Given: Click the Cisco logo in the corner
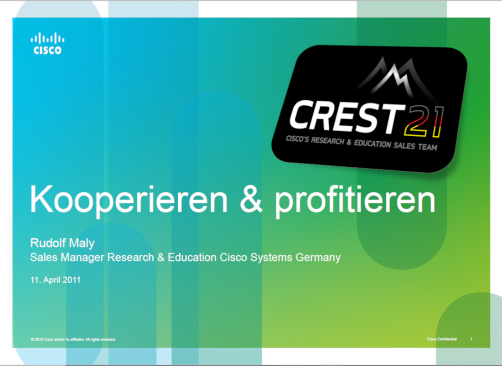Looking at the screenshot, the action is coord(47,43).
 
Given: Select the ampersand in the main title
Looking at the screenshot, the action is coord(251,199).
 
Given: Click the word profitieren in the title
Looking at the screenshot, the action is coord(355,201).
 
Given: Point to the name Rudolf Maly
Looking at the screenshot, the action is coord(62,243).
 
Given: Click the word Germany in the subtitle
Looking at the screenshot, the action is coord(318,258).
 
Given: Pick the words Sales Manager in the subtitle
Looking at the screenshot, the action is coord(67,257).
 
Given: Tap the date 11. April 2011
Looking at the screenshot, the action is coord(55,280).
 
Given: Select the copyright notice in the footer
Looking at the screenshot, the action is coord(73,340).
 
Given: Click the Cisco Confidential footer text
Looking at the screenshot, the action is coord(442,339).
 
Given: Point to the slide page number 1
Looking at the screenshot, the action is coord(471,339).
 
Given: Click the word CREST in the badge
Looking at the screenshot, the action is coord(346,117).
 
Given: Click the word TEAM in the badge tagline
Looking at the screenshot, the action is coord(427,147).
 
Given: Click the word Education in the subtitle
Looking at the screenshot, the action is coord(192,257).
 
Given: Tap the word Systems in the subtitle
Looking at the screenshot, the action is coord(271,258).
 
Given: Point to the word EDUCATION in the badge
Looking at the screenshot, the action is coord(373,144).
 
